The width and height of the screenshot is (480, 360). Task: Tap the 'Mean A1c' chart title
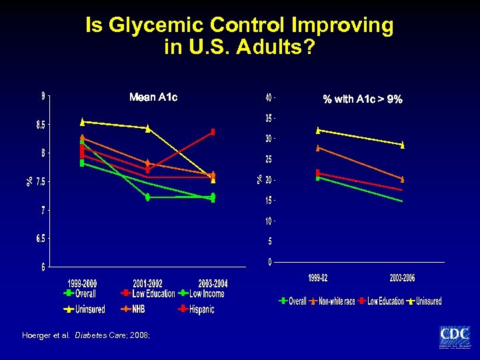153,97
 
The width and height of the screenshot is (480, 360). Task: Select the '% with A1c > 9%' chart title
363,99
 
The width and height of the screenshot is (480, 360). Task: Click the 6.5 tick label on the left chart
41,239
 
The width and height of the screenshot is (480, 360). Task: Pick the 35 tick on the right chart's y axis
269,119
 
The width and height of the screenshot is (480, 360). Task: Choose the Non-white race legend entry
335,301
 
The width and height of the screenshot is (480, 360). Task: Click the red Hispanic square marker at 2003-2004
213,132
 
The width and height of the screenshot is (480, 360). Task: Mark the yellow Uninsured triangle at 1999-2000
82,121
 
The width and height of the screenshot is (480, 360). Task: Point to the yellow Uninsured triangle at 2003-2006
403,145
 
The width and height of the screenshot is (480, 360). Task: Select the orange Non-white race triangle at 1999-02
318,148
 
